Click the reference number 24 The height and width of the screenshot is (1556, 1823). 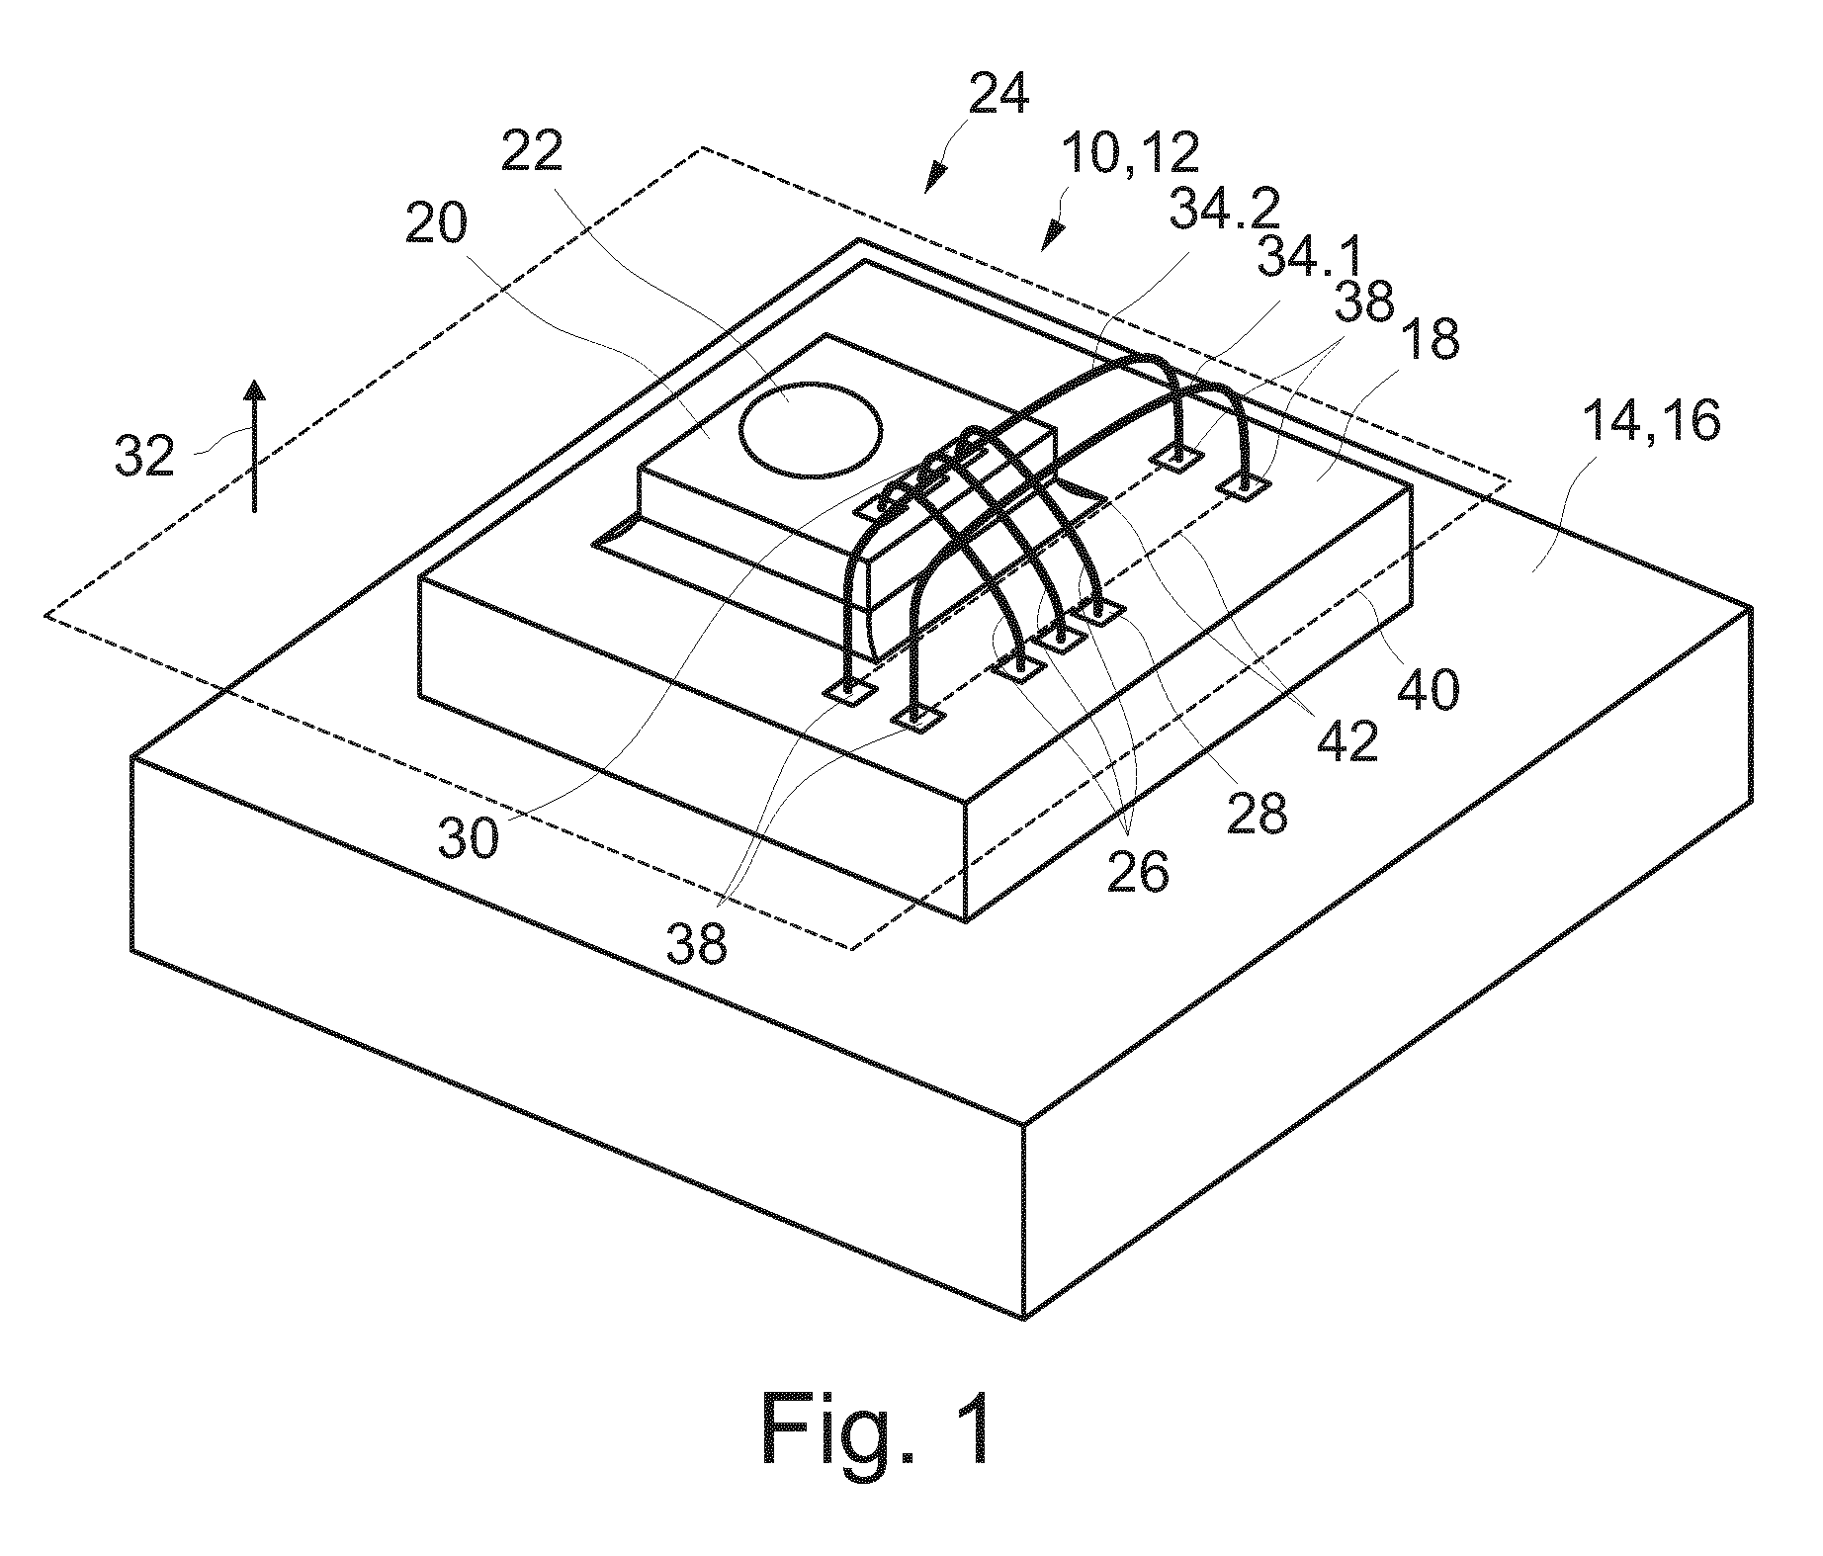[998, 95]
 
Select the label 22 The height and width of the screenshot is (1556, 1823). [532, 151]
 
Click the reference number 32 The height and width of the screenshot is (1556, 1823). [145, 458]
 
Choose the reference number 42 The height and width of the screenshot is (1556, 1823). [1346, 738]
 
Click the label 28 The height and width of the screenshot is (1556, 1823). [1256, 813]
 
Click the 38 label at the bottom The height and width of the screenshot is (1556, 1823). [697, 942]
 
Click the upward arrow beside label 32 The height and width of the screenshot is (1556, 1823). [255, 446]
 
